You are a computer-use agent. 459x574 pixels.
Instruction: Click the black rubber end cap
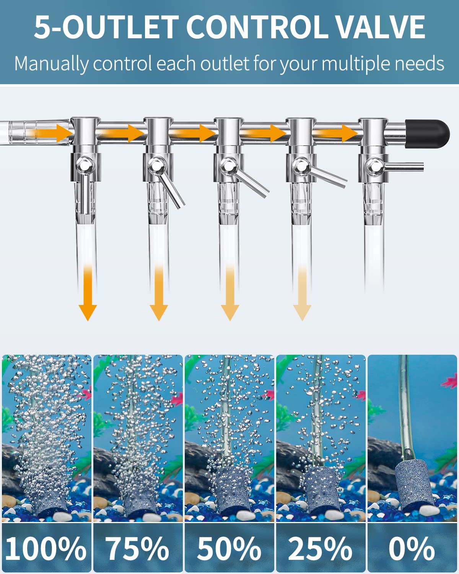click(428, 130)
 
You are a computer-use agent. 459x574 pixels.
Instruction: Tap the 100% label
click(46, 548)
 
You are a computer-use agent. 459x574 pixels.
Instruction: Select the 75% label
click(137, 548)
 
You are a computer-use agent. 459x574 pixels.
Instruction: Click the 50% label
click(229, 548)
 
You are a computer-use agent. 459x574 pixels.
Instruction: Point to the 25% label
click(320, 548)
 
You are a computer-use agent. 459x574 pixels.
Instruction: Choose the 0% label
click(412, 548)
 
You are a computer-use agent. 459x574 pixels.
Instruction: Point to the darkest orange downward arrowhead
click(88, 312)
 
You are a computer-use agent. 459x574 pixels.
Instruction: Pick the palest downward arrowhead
click(302, 312)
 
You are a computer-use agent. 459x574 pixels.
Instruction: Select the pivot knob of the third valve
click(228, 165)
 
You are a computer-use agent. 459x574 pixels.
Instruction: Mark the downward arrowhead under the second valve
click(159, 312)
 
